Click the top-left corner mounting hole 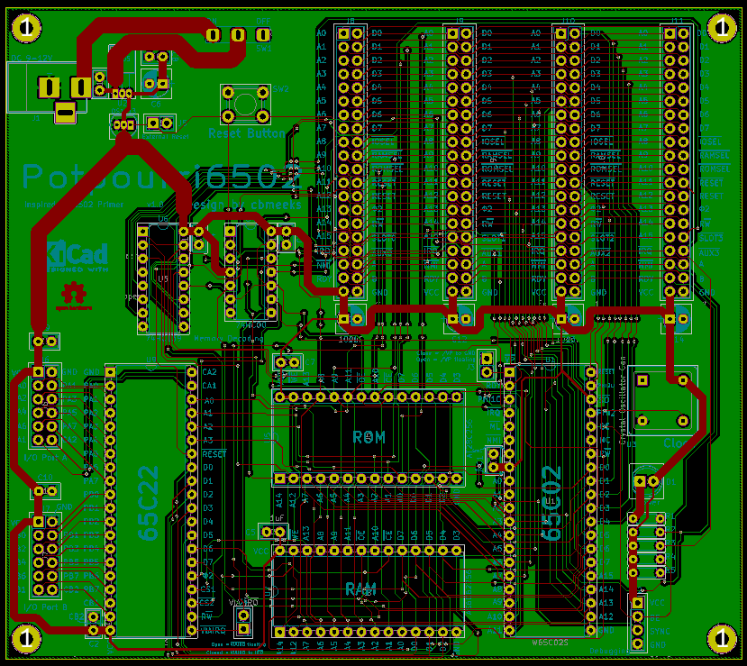pos(24,28)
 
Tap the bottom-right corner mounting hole pos(721,638)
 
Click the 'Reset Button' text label pos(246,132)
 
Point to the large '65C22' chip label pos(150,502)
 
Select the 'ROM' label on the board pos(369,438)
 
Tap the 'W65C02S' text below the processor pos(551,643)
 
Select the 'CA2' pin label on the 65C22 pos(209,371)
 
